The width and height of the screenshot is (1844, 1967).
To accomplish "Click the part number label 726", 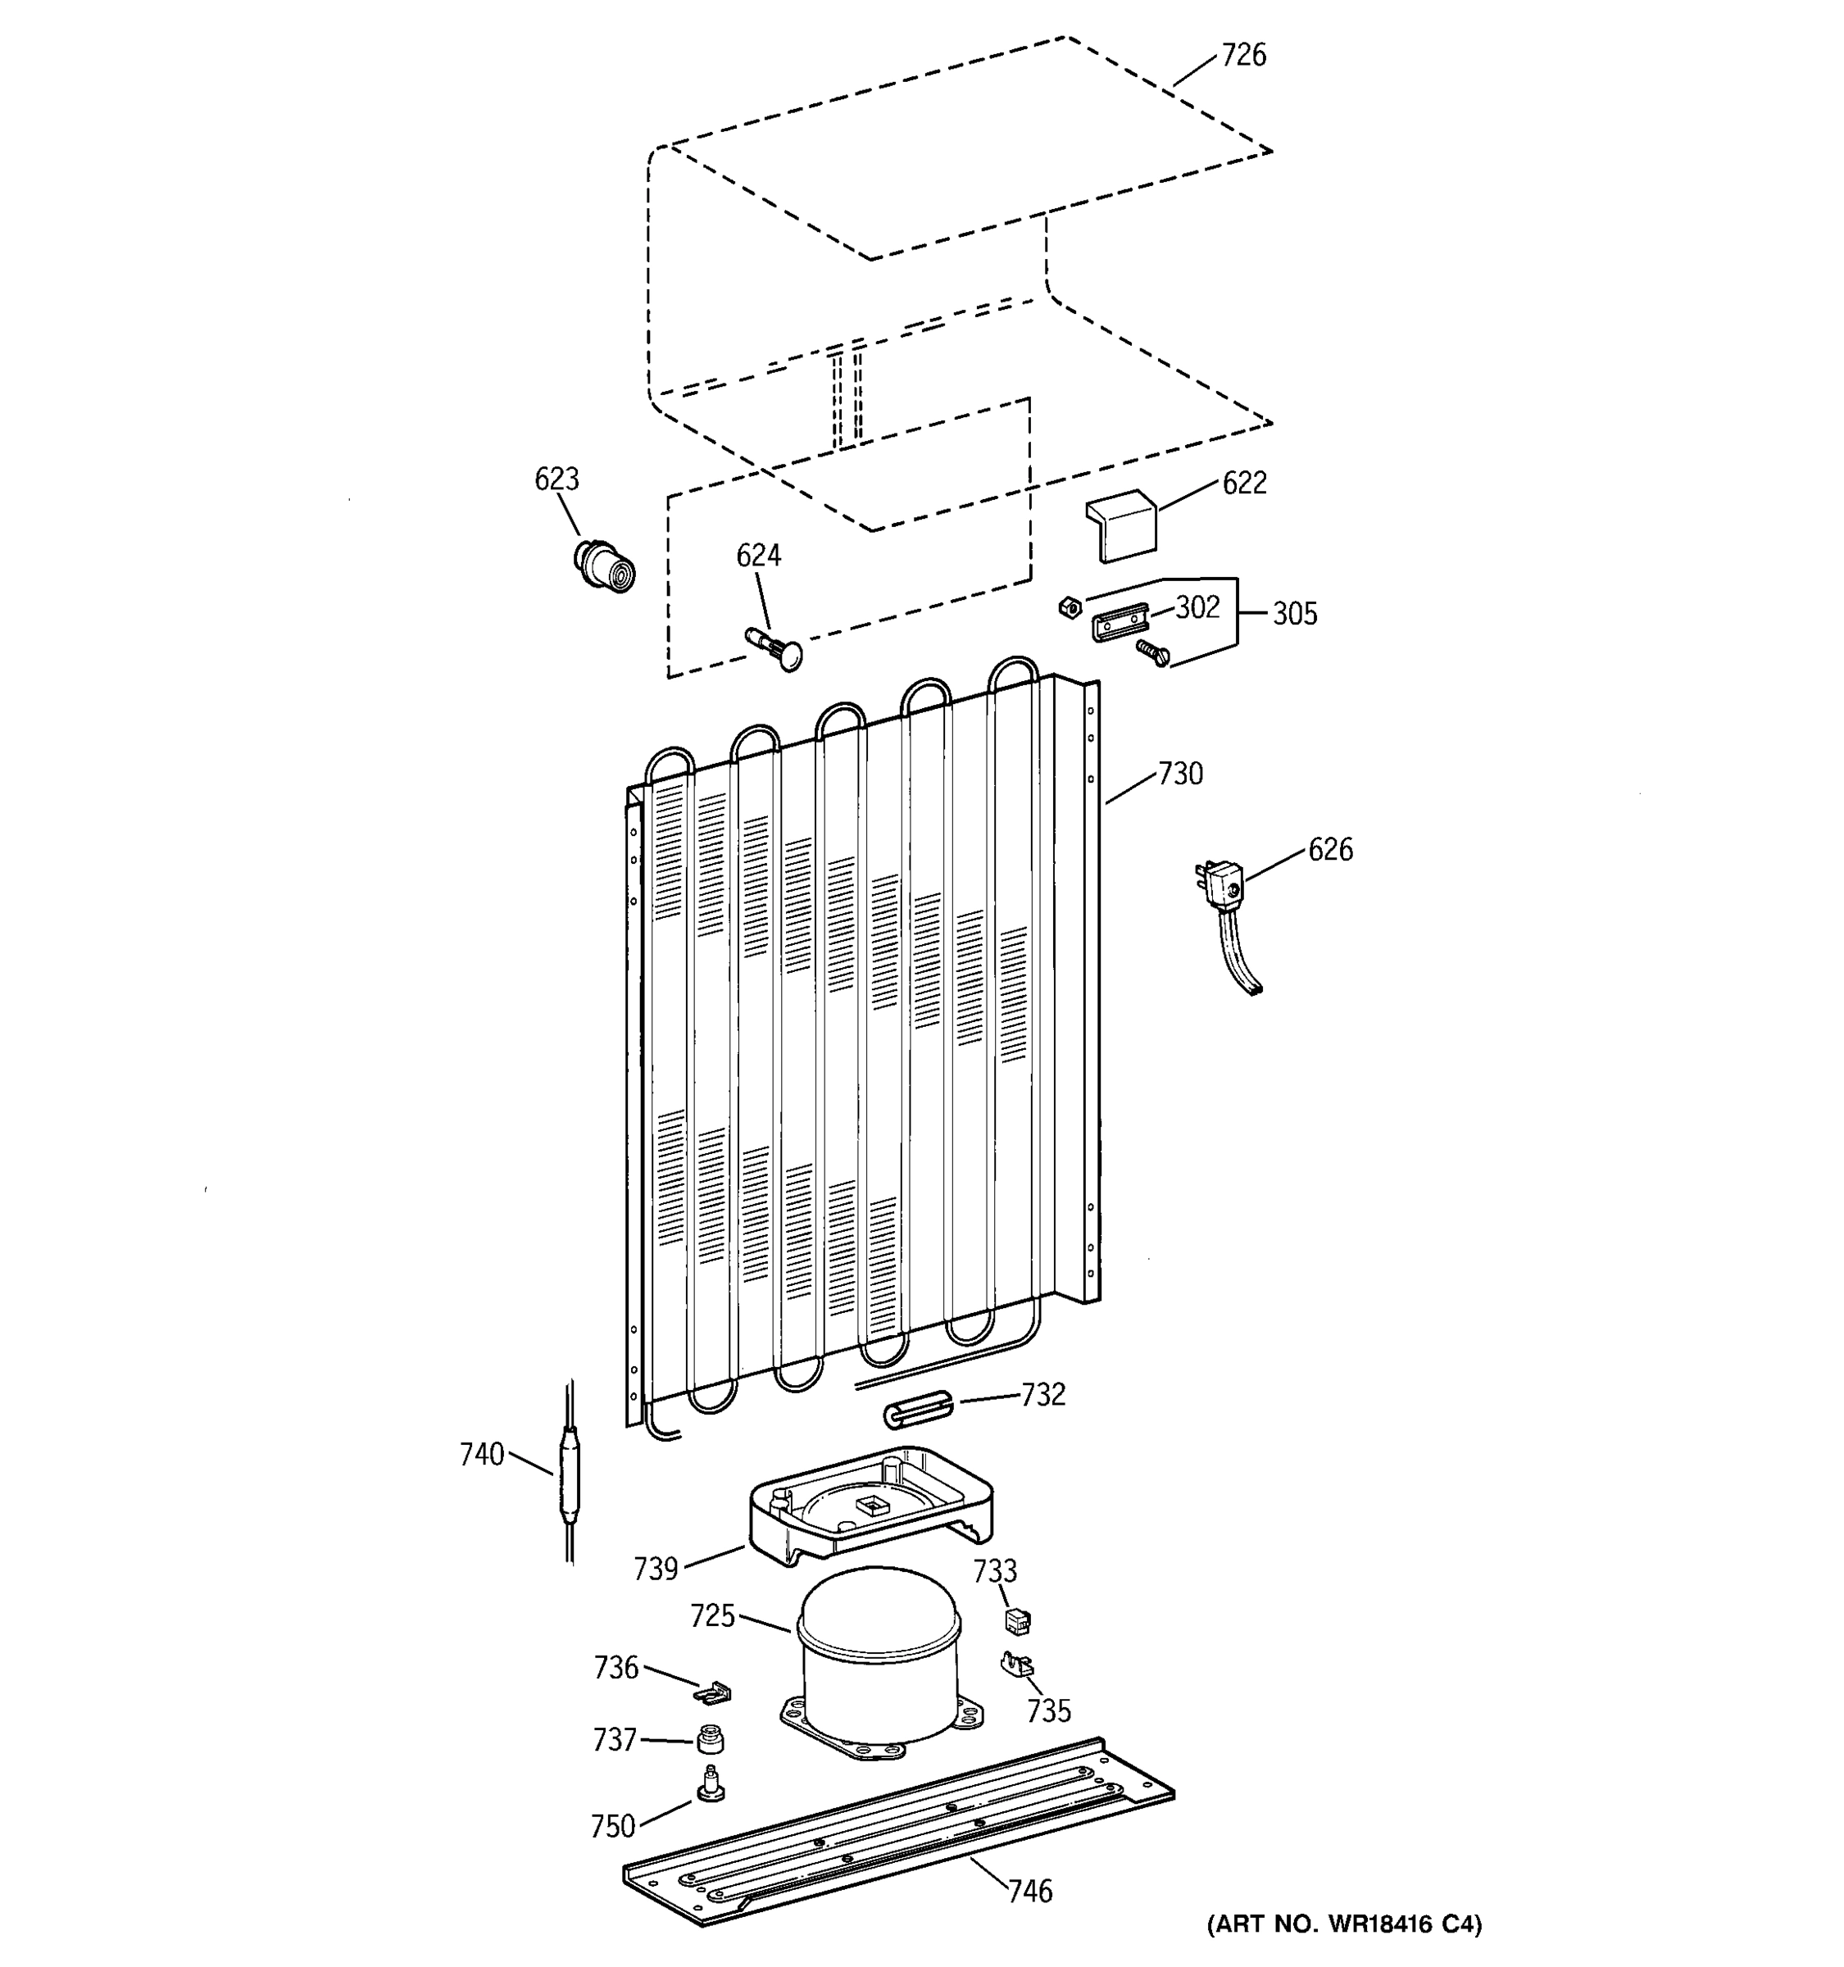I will (x=1242, y=56).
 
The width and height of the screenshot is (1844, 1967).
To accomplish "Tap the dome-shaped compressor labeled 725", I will (x=878, y=1671).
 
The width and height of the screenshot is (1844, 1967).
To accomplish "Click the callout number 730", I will (x=1179, y=774).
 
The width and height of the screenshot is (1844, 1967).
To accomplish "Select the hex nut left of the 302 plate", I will (x=1069, y=607).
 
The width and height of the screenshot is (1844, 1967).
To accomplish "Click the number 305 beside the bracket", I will (x=1294, y=615).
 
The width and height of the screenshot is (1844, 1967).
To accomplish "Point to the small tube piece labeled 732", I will (x=917, y=1410).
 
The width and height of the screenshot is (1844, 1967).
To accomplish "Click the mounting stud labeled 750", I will (x=709, y=1783).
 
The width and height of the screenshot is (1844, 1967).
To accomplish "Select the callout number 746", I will (x=1030, y=1891).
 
